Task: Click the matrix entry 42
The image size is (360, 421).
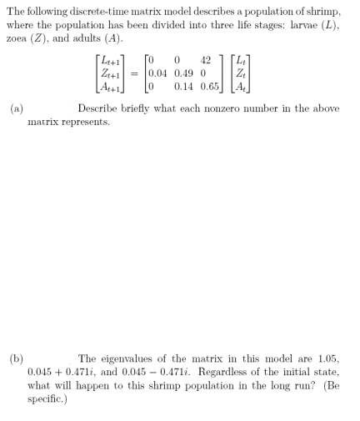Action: pos(205,59)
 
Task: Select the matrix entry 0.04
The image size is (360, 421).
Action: pos(157,73)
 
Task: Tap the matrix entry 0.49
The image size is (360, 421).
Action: pos(182,73)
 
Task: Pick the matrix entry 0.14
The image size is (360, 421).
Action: pos(182,86)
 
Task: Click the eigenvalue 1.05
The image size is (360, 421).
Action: pos(330,359)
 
